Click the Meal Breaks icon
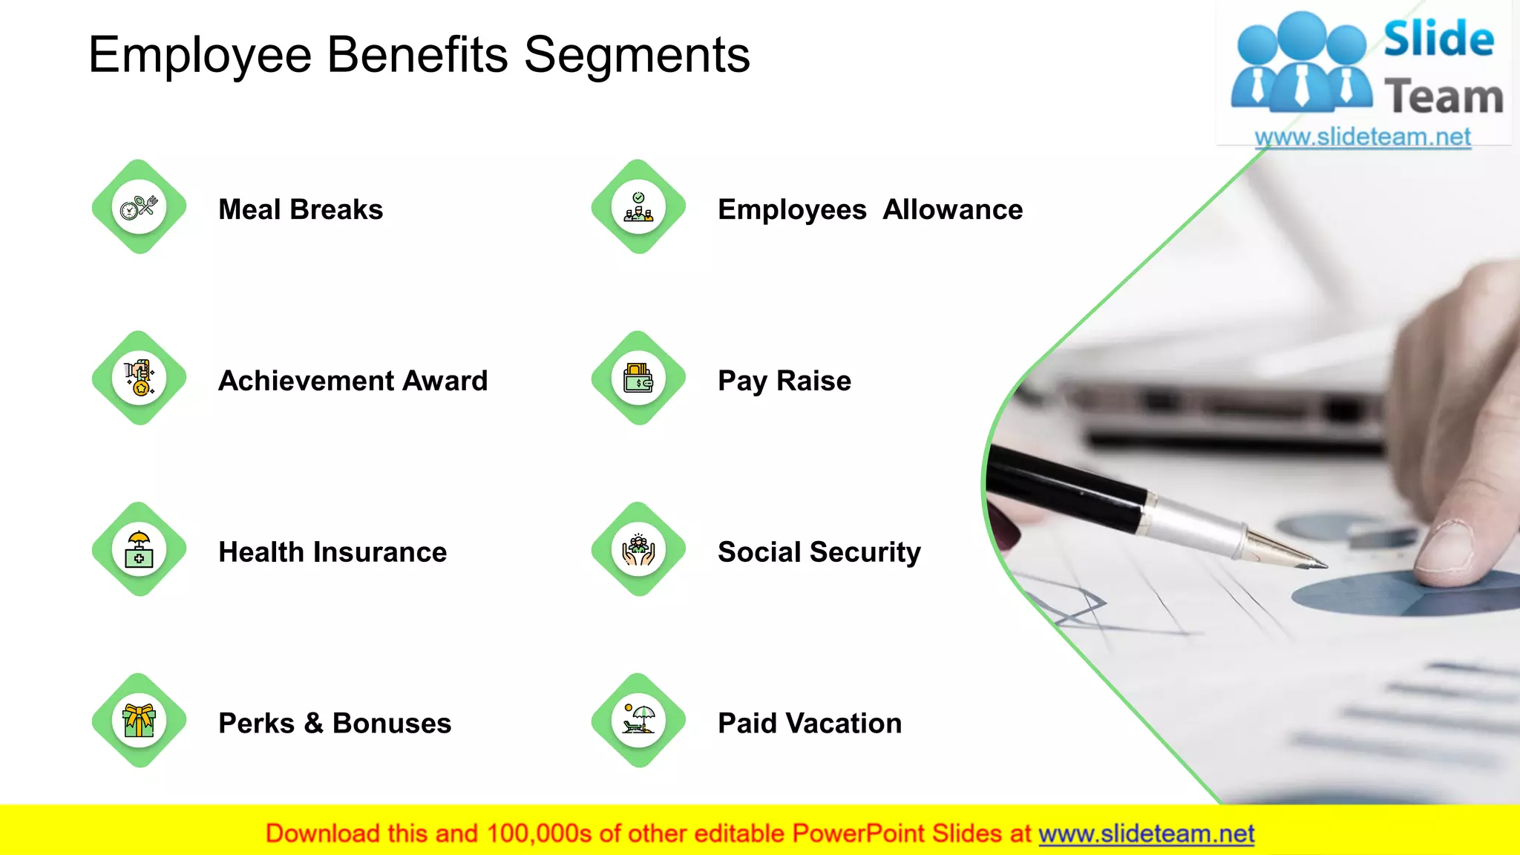click(x=139, y=207)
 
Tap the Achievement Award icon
click(x=139, y=378)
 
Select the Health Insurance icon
click(x=139, y=549)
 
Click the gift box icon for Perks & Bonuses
click(x=139, y=721)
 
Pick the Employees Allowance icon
click(x=638, y=207)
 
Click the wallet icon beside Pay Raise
click(x=638, y=378)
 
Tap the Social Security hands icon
click(x=638, y=549)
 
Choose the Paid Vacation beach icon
click(x=638, y=721)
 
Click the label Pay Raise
click(x=784, y=381)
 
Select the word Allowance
click(x=952, y=210)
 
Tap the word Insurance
click(x=380, y=552)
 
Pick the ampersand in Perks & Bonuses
click(x=313, y=724)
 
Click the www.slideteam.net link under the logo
click(x=1363, y=137)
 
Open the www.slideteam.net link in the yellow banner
click(x=1146, y=834)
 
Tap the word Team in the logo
click(x=1444, y=97)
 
